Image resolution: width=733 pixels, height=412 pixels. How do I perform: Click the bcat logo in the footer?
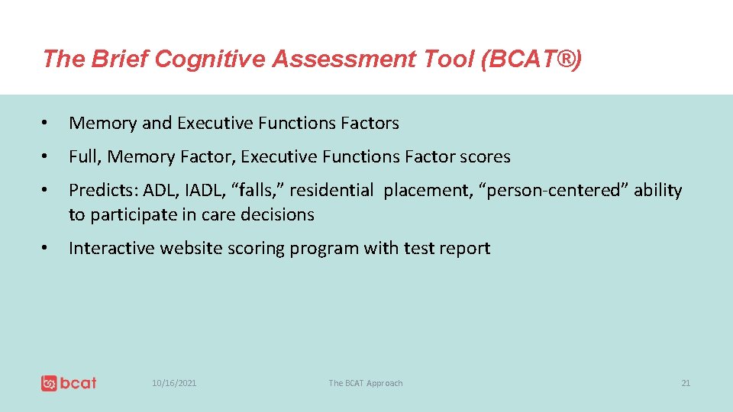[x=69, y=383]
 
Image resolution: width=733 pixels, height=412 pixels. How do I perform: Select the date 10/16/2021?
[x=174, y=383]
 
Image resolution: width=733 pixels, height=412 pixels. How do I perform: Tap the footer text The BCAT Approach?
[x=365, y=383]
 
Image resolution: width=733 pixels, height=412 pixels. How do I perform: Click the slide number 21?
[x=685, y=383]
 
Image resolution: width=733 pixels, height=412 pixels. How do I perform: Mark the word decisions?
[x=277, y=215]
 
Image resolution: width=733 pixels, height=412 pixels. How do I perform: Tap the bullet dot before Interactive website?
[x=47, y=248]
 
